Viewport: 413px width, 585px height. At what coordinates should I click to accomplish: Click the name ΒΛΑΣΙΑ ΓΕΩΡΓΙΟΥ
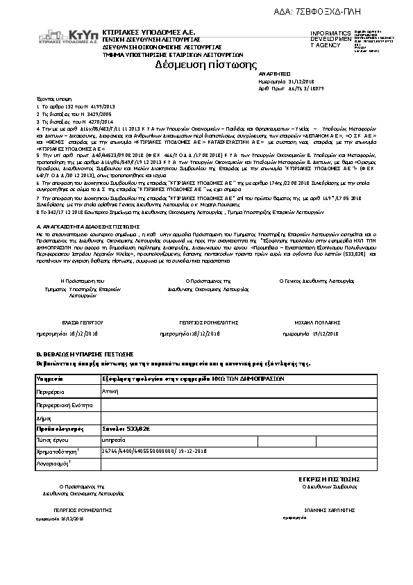click(83, 323)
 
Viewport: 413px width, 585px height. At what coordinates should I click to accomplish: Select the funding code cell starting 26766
click(154, 451)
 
